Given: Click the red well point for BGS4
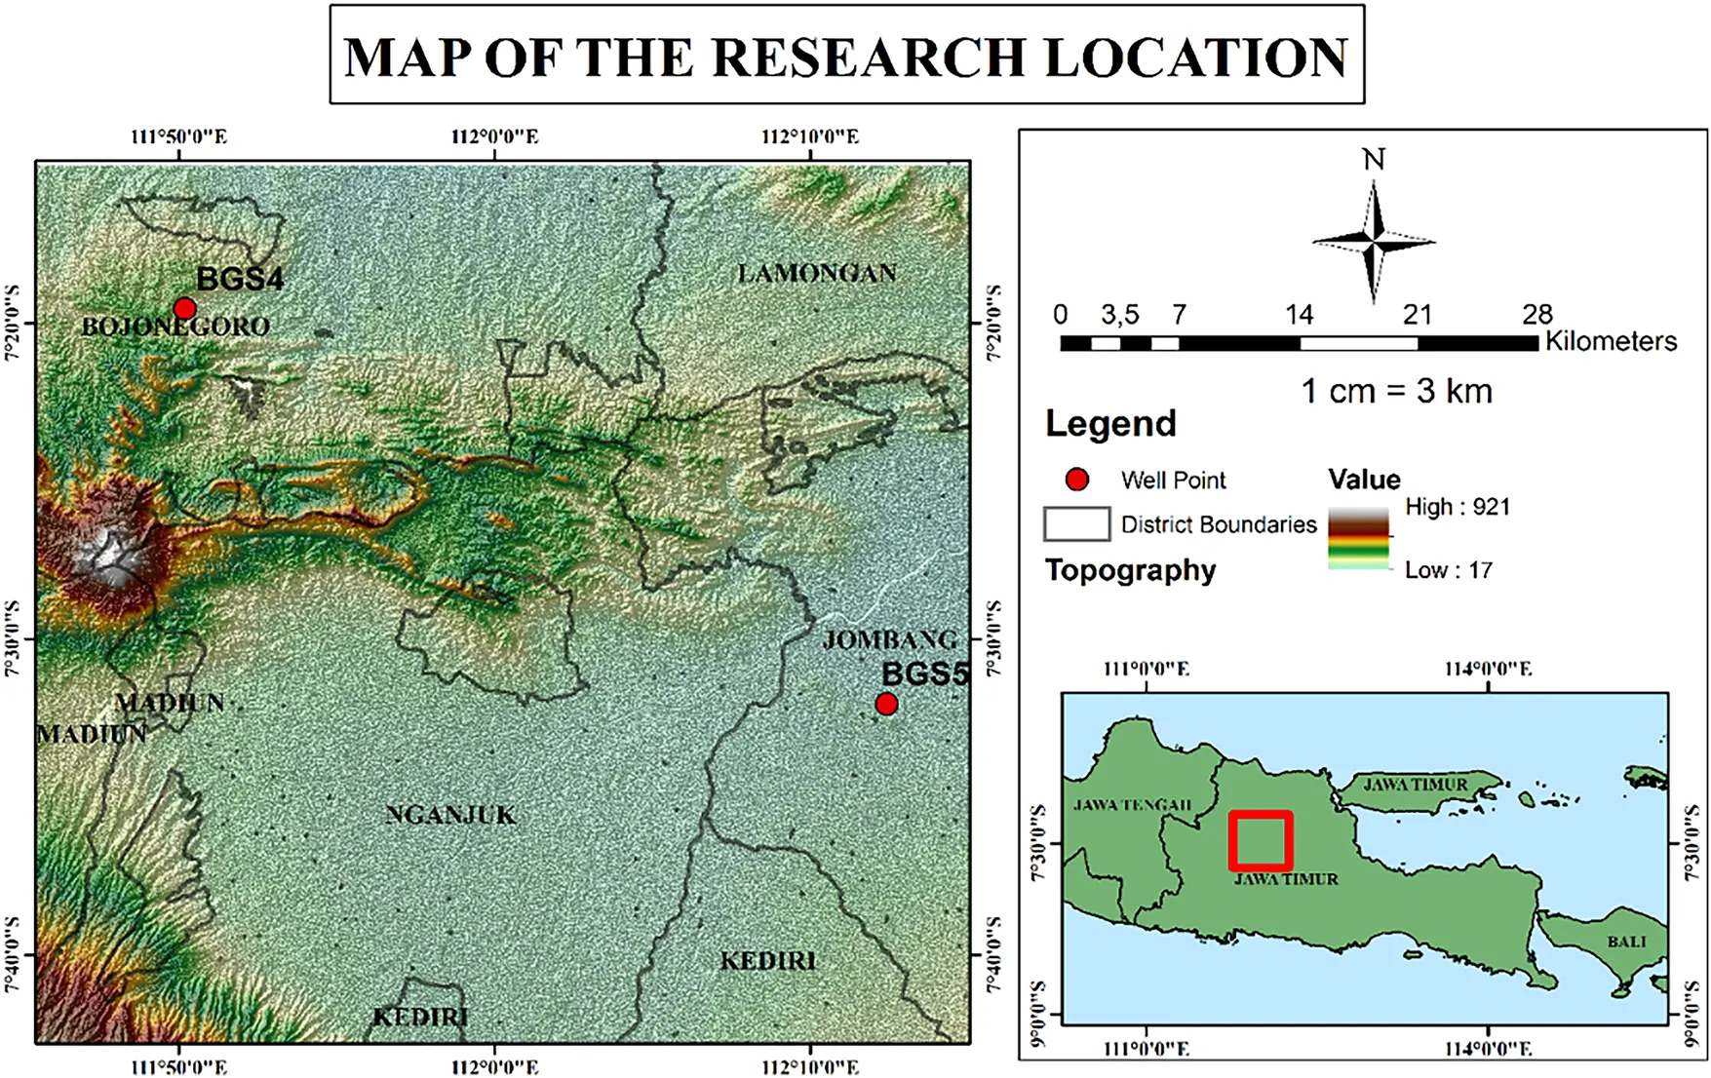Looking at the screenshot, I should [184, 309].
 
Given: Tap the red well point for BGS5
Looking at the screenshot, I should [886, 704].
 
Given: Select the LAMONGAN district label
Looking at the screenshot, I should [817, 274].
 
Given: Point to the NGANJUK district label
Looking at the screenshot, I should [450, 815].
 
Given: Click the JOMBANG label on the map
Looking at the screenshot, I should [889, 640].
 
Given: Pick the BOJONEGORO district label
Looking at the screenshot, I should [175, 327].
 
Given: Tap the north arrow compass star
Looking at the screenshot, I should [1373, 239].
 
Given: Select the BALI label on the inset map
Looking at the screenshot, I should [1626, 942].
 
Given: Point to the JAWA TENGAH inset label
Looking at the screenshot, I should [1132, 805].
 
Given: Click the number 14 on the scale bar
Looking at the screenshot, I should [1299, 315].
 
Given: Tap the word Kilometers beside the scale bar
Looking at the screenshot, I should [1611, 341].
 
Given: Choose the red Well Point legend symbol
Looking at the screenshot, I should [1077, 480].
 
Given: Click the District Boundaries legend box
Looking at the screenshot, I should [1076, 524].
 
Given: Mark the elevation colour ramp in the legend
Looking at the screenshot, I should [1358, 537].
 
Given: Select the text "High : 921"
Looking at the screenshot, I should [1457, 507].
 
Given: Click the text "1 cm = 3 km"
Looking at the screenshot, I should [1396, 392].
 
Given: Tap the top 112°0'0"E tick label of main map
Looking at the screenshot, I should [494, 137].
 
